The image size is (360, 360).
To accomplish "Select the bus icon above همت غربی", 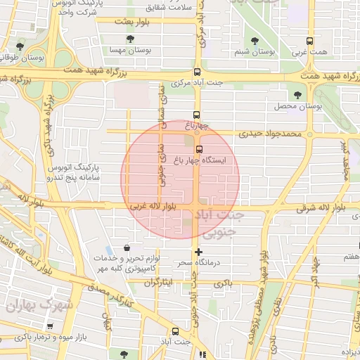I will click(x=310, y=42).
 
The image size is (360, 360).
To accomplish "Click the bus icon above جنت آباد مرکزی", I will click(x=196, y=72).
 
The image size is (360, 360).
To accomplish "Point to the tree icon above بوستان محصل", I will click(x=298, y=94).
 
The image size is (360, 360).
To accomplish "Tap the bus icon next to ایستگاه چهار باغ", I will click(x=200, y=149).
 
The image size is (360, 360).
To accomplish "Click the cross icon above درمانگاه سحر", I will click(x=199, y=252).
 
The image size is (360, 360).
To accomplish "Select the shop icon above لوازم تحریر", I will click(x=126, y=247).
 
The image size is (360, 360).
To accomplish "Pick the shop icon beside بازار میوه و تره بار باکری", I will click(x=49, y=327).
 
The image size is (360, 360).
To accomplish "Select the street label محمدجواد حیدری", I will click(x=269, y=132).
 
